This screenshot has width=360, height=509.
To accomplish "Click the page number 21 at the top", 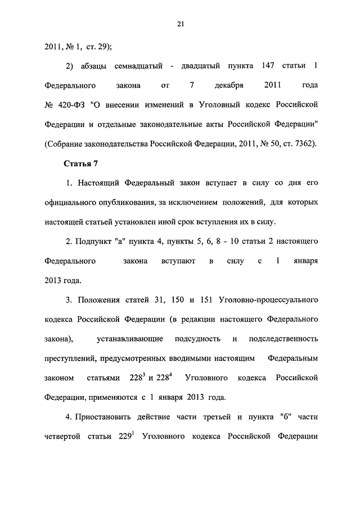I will pyautogui.click(x=180, y=23).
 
